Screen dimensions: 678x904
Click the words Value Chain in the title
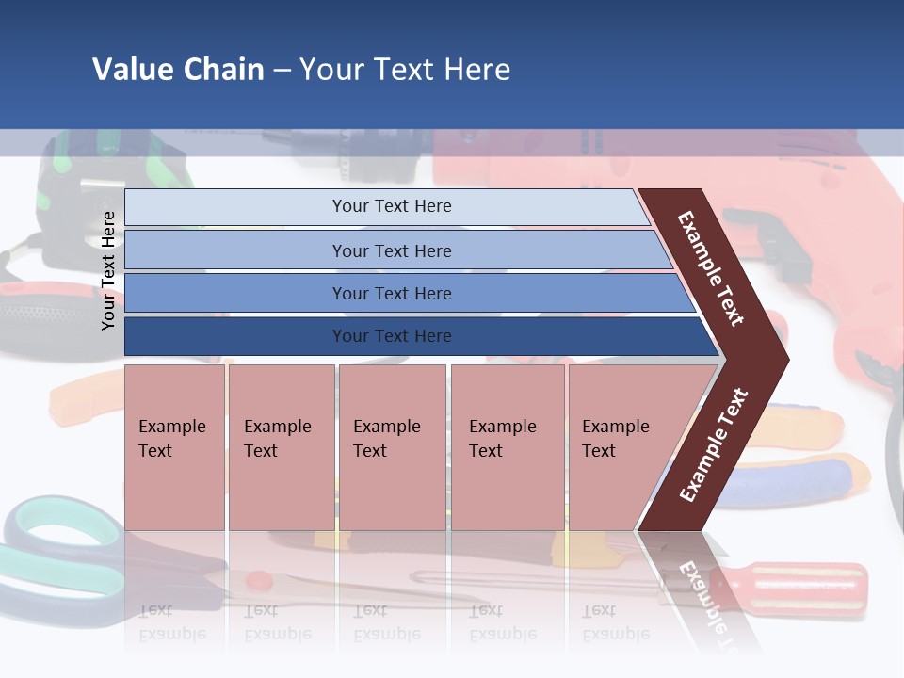(x=178, y=70)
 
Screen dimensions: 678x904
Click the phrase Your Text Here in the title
(x=405, y=70)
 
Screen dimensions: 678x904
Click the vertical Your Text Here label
(x=108, y=270)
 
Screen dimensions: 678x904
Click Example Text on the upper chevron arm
(x=711, y=268)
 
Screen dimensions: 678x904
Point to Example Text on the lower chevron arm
(x=714, y=445)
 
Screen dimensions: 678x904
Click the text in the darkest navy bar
(x=392, y=336)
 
